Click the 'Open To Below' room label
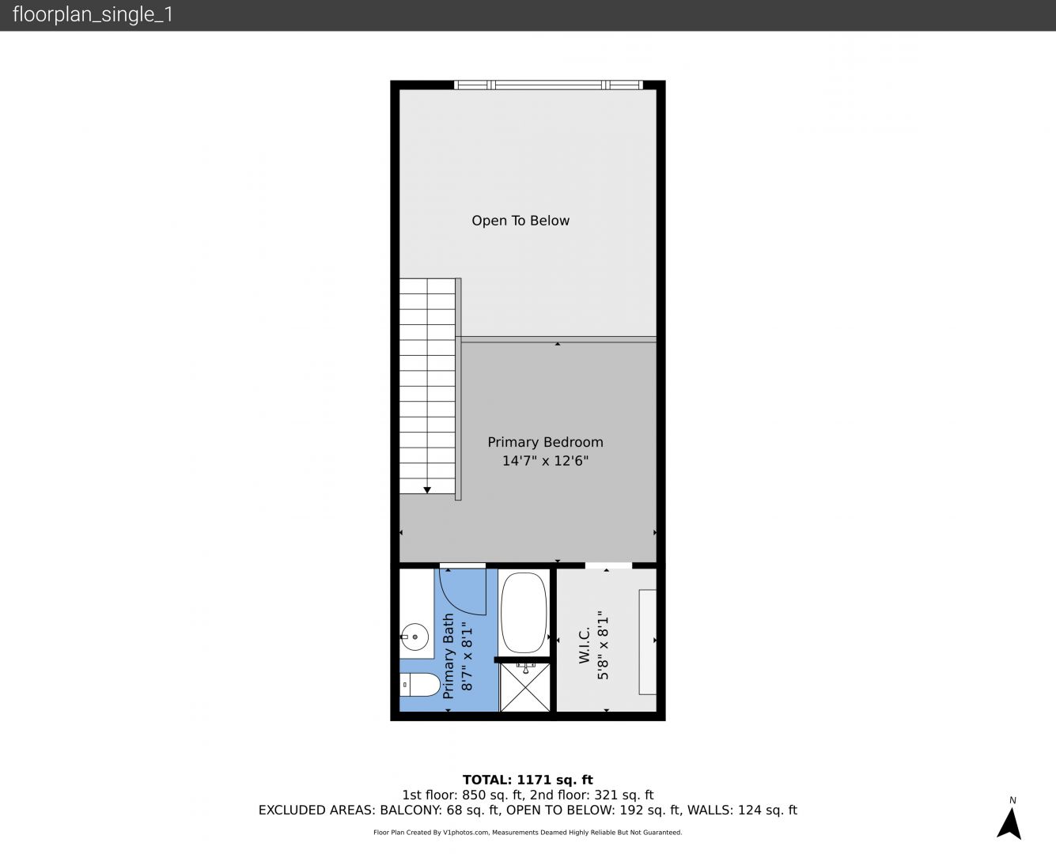520,221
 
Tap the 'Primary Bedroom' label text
545,442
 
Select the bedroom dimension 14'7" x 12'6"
545,461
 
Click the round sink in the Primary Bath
414,637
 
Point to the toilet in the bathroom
420,685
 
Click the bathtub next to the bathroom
524,613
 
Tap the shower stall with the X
525,687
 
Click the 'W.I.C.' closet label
585,644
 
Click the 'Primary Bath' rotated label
449,656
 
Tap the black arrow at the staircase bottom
427,490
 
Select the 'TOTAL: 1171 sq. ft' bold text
528,780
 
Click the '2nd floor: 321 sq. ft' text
592,795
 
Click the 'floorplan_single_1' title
93,14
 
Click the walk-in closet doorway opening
608,565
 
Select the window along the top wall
548,85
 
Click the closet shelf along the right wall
648,642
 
